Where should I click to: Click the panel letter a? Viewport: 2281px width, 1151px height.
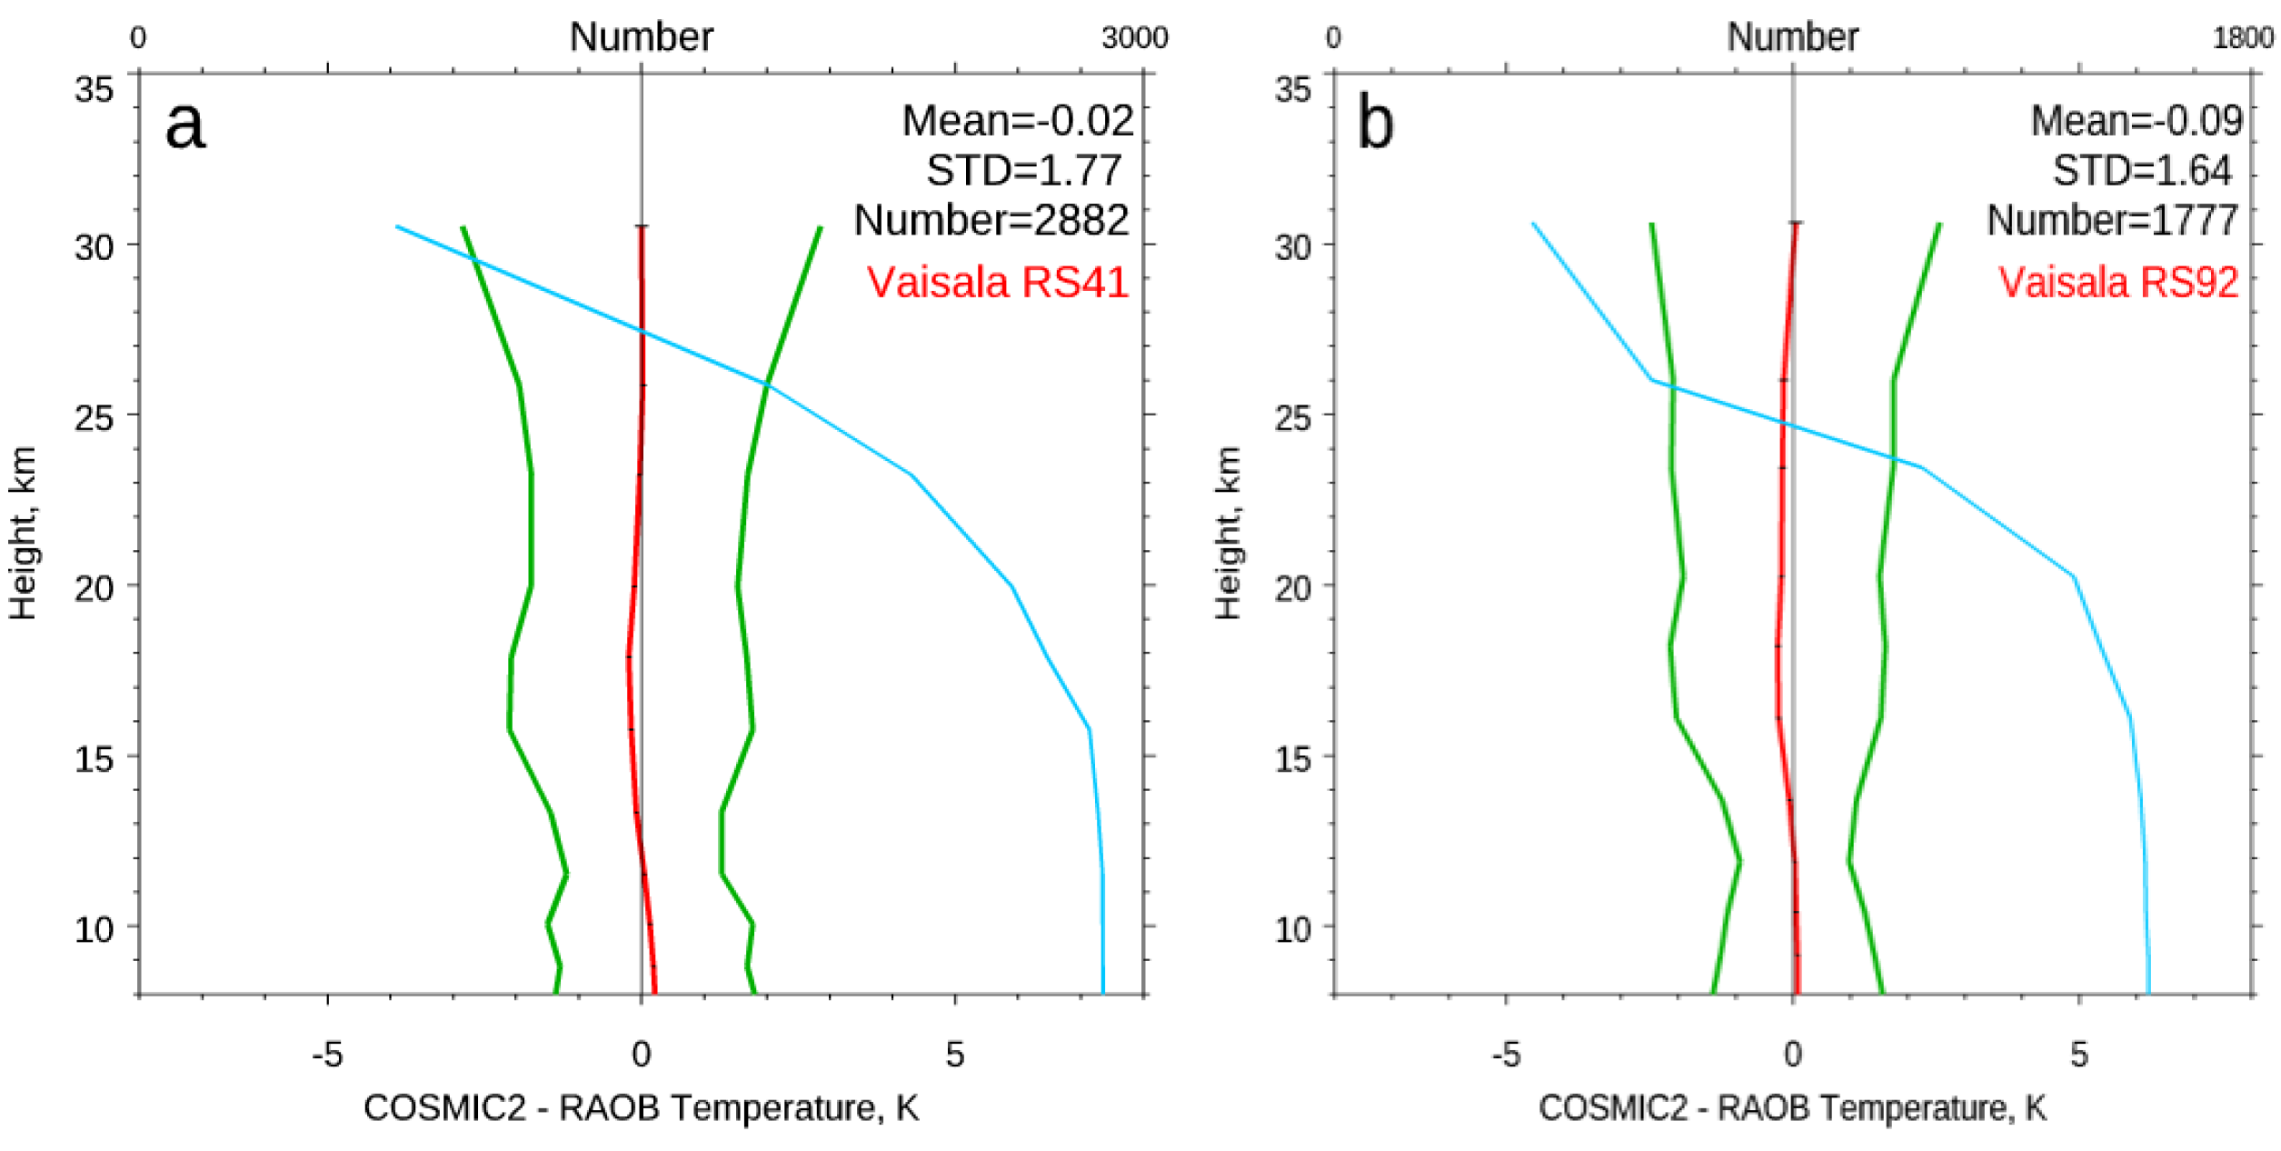point(185,125)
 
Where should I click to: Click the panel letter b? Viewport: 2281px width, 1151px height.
point(1375,125)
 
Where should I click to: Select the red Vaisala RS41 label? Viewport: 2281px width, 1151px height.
point(997,282)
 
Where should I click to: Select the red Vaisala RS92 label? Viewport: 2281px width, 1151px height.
point(2117,282)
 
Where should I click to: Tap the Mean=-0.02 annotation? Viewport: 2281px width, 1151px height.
point(1017,121)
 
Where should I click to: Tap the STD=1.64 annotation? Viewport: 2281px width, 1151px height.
point(2141,171)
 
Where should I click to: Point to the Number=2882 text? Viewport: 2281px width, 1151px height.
point(991,220)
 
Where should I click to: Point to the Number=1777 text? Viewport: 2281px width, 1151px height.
point(2112,220)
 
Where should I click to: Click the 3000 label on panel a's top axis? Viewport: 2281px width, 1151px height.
point(1134,38)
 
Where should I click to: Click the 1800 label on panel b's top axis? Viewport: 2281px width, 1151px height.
point(2243,38)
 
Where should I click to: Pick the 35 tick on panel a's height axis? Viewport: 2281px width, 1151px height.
point(95,90)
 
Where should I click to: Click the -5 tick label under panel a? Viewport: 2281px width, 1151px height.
point(327,1055)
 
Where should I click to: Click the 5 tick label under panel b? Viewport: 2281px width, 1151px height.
point(2079,1055)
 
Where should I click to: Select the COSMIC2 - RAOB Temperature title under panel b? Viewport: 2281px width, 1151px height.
point(1792,1108)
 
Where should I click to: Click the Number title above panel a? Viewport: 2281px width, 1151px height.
point(641,37)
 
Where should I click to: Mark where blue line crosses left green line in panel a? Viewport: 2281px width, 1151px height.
point(473,259)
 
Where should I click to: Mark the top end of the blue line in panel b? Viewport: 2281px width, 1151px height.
point(1533,223)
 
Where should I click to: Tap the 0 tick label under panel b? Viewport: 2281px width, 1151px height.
point(1792,1055)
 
